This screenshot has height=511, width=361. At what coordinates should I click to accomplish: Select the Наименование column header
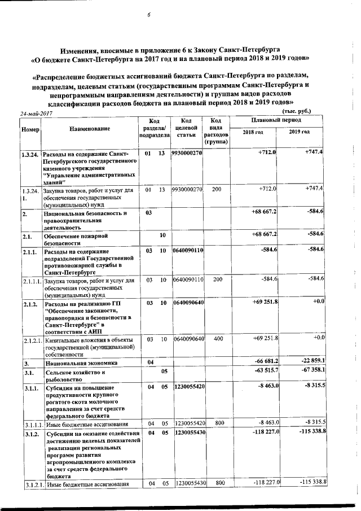tap(89, 129)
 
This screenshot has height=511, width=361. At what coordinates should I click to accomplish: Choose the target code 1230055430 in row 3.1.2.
tap(190, 433)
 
